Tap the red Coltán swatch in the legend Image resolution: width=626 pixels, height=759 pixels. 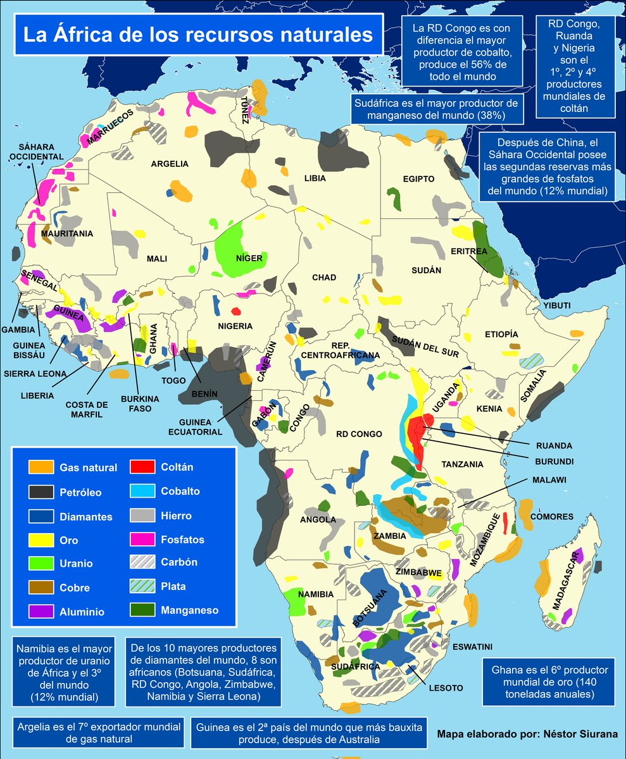pyautogui.click(x=143, y=467)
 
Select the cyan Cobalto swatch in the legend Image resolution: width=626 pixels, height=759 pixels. pyautogui.click(x=143, y=491)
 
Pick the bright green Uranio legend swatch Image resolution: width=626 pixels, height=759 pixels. pyautogui.click(x=41, y=564)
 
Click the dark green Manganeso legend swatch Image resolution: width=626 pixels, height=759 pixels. pyautogui.click(x=143, y=611)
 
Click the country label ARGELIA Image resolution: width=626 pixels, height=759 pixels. pyautogui.click(x=170, y=164)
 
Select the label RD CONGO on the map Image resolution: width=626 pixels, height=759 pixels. pyautogui.click(x=359, y=434)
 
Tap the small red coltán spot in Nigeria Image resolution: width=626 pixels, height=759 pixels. pyautogui.click(x=236, y=311)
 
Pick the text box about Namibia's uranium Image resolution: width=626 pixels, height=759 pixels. pyautogui.click(x=63, y=672)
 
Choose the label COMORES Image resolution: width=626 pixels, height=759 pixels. pyautogui.click(x=551, y=517)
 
